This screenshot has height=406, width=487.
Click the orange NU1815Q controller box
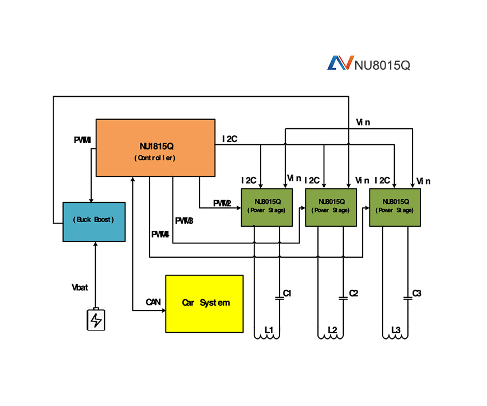point(155,148)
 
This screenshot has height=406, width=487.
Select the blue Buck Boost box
point(94,222)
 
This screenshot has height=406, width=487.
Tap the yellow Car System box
point(204,303)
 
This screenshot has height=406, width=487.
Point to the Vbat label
point(80,287)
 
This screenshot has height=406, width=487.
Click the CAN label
point(153,302)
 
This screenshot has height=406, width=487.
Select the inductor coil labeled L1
point(267,334)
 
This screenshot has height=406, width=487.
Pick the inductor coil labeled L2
point(331,334)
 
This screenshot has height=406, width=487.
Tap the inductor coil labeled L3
point(395,334)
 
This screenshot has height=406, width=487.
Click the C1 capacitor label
point(288,293)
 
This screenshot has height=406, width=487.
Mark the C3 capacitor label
point(417,293)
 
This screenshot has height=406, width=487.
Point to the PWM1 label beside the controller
point(83,140)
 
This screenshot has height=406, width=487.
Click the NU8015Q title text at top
point(382,64)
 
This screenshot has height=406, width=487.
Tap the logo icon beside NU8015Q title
point(340,63)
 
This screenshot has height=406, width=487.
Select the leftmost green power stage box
point(266,207)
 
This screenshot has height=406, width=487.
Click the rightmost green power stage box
point(395,207)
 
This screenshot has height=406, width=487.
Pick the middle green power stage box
point(331,207)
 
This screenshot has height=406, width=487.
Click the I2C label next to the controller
point(230,139)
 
